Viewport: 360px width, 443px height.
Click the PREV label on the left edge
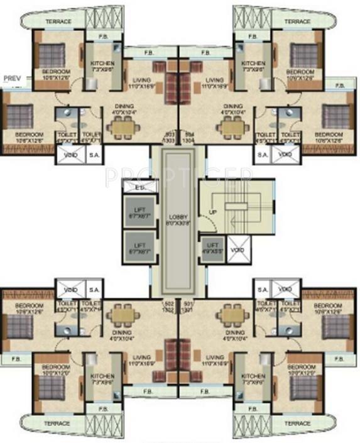pyautogui.click(x=13, y=78)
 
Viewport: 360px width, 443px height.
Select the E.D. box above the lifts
pyautogui.click(x=138, y=186)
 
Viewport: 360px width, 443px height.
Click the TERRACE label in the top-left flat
pyautogui.click(x=58, y=21)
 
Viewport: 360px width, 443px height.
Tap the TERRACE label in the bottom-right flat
pyautogui.click(x=297, y=424)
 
